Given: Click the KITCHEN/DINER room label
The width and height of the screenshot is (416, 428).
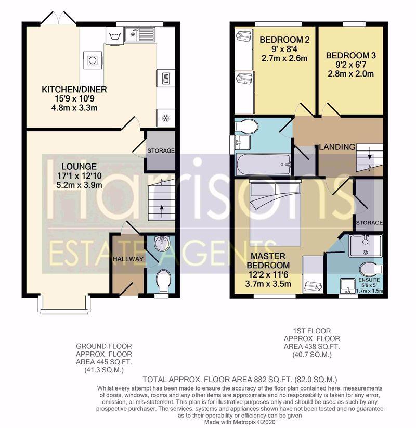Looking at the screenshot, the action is [x=74, y=89].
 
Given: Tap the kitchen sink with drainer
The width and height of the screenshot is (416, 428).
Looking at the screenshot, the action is [x=140, y=34].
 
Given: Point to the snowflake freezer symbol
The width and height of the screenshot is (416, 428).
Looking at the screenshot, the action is [x=165, y=118].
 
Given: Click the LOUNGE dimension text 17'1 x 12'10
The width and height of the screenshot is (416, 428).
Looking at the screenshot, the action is [x=80, y=175].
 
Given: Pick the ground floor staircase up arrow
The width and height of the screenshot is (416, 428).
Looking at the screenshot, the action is [x=162, y=211].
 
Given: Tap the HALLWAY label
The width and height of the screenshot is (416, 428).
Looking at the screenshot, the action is [x=128, y=259].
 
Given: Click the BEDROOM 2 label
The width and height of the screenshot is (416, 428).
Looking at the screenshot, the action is [x=284, y=40].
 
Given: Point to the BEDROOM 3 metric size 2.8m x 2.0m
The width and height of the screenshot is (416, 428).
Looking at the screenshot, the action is [x=351, y=74].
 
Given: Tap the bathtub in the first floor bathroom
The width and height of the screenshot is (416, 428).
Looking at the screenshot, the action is [x=264, y=165].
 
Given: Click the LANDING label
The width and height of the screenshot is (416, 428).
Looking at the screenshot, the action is [x=337, y=147].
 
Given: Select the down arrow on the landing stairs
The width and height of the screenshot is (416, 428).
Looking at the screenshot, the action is [x=370, y=155].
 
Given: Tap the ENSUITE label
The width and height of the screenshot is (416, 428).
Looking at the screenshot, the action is [x=369, y=280].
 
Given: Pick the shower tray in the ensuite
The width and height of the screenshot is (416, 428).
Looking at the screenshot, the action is [x=366, y=245].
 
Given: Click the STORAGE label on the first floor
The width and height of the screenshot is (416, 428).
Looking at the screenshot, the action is [x=369, y=223].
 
